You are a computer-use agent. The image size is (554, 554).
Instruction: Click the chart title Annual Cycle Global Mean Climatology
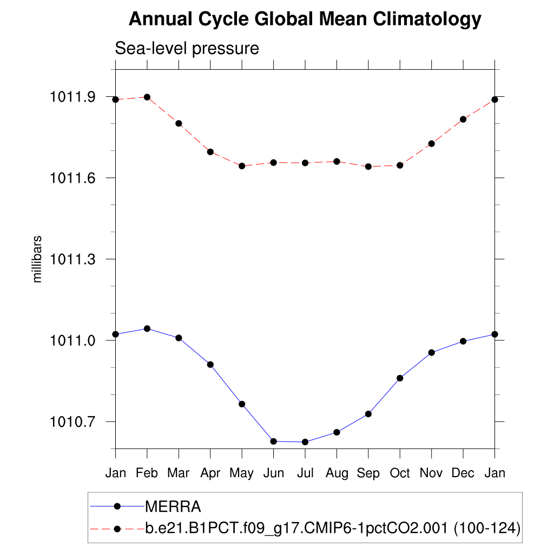click(x=305, y=19)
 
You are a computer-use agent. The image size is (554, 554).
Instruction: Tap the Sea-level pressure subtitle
click(x=187, y=49)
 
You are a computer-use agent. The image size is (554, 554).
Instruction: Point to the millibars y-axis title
click(x=37, y=259)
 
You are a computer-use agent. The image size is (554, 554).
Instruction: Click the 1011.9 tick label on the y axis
click(x=73, y=97)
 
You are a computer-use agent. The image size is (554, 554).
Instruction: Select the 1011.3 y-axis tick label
click(x=73, y=259)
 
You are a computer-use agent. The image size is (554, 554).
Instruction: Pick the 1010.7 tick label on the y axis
click(x=73, y=421)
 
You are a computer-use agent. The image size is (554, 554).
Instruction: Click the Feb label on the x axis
click(x=147, y=473)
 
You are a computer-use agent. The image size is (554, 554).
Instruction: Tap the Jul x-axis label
click(x=305, y=473)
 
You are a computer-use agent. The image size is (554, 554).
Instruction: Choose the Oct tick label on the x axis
click(x=400, y=473)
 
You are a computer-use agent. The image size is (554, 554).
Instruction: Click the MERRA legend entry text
click(x=173, y=507)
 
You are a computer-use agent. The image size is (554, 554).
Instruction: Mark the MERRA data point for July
click(x=305, y=442)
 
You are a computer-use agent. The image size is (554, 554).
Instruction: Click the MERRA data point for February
click(x=147, y=328)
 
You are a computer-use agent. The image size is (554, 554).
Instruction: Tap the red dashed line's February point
click(x=147, y=97)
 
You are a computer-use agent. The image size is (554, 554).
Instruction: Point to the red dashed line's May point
click(x=242, y=166)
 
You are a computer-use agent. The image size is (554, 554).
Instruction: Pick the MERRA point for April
click(x=210, y=365)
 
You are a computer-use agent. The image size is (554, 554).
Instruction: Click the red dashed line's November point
click(x=432, y=143)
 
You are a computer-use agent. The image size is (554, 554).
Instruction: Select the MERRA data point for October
click(x=400, y=378)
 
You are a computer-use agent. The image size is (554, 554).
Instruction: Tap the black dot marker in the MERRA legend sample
click(x=117, y=507)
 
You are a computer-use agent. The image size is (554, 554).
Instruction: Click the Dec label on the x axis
click(x=463, y=473)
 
